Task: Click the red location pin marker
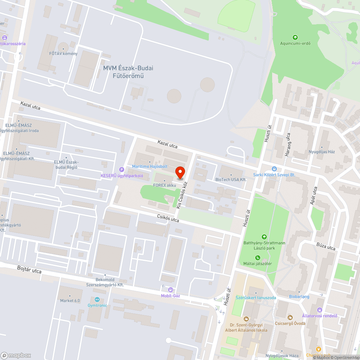click(x=180, y=172)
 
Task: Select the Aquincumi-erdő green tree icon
click(x=295, y=37)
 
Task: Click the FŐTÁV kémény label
click(x=63, y=54)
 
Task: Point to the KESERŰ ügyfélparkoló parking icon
click(x=122, y=170)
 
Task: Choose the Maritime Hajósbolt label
click(x=149, y=167)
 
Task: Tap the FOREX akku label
click(x=165, y=185)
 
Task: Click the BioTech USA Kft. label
click(x=231, y=179)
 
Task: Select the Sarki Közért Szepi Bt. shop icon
click(x=274, y=168)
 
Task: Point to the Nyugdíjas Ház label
click(x=321, y=152)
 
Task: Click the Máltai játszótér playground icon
click(x=258, y=257)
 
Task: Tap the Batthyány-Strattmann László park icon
click(x=264, y=237)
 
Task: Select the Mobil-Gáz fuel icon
click(x=171, y=289)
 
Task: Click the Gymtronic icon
click(x=97, y=300)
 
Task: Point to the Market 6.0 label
click(x=70, y=301)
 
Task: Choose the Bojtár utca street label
click(x=29, y=270)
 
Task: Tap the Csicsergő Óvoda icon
click(x=290, y=317)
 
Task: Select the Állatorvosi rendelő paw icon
click(x=320, y=310)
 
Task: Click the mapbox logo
click(x=16, y=355)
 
